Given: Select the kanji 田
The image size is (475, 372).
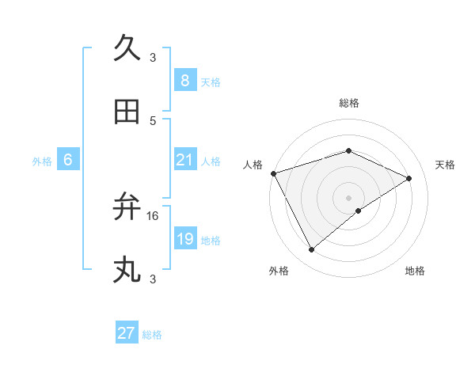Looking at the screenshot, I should [127, 112].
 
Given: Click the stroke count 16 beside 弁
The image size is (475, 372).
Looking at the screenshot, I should [153, 215].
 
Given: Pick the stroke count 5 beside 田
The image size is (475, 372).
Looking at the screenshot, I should [153, 120].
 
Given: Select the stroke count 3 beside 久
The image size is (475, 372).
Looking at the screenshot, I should [153, 57].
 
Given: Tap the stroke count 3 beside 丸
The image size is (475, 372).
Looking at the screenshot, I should [153, 279].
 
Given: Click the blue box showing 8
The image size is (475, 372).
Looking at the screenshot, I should [184, 81].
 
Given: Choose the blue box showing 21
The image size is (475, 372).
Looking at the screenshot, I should [184, 160].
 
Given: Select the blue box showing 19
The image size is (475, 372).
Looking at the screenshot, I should [184, 239].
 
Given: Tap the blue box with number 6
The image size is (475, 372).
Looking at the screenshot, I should [68, 160].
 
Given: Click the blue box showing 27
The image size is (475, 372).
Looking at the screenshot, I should [126, 333].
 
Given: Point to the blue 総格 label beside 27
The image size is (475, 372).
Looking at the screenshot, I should [152, 335].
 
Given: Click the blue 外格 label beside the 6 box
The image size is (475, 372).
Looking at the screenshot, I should [42, 161].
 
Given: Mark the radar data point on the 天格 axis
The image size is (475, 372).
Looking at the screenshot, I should [409, 178].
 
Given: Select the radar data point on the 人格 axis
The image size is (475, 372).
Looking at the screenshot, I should [273, 173].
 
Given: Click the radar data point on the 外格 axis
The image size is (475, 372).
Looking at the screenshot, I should [311, 250].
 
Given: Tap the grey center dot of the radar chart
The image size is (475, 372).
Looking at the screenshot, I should [348, 197].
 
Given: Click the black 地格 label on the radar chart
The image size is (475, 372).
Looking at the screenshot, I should [415, 271].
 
